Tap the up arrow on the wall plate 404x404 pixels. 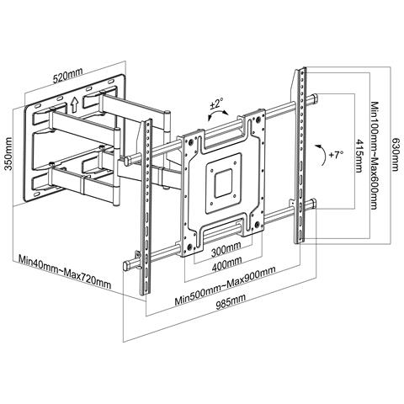76,105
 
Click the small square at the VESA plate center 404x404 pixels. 223,180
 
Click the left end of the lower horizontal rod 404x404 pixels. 126,264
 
